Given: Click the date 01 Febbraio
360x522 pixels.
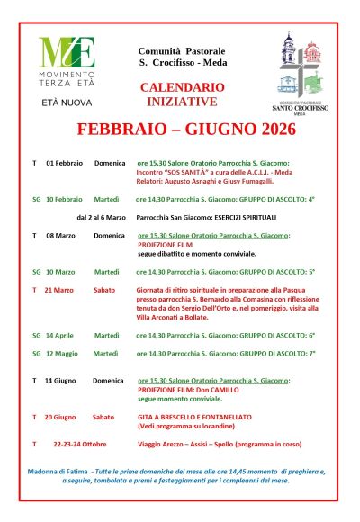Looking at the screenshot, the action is pos(64,163).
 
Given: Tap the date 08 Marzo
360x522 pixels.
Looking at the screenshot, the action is pos(59,235).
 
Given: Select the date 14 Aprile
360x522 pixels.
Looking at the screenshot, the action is pos(60,334).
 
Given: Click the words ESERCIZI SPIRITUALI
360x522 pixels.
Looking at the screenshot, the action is pos(248,217).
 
